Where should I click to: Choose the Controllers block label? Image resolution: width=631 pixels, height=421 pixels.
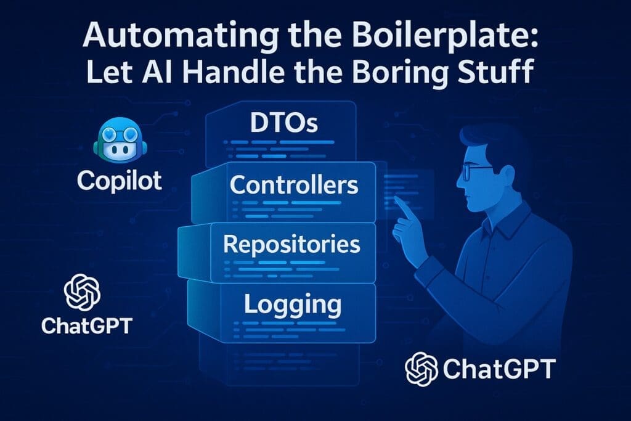pos(293,184)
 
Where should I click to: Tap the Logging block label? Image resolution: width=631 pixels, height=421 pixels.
pos(292,303)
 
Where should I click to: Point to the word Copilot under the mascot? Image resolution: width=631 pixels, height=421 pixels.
pos(120,181)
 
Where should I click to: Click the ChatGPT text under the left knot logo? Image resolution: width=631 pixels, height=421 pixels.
pos(86,325)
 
